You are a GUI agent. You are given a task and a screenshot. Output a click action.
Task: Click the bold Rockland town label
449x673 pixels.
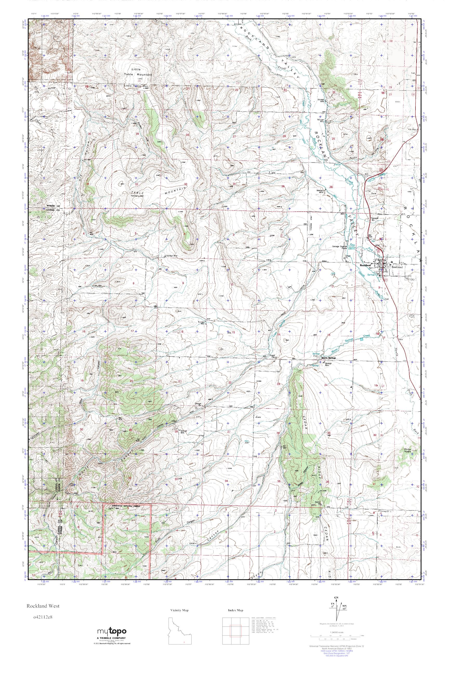pos(365,265)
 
